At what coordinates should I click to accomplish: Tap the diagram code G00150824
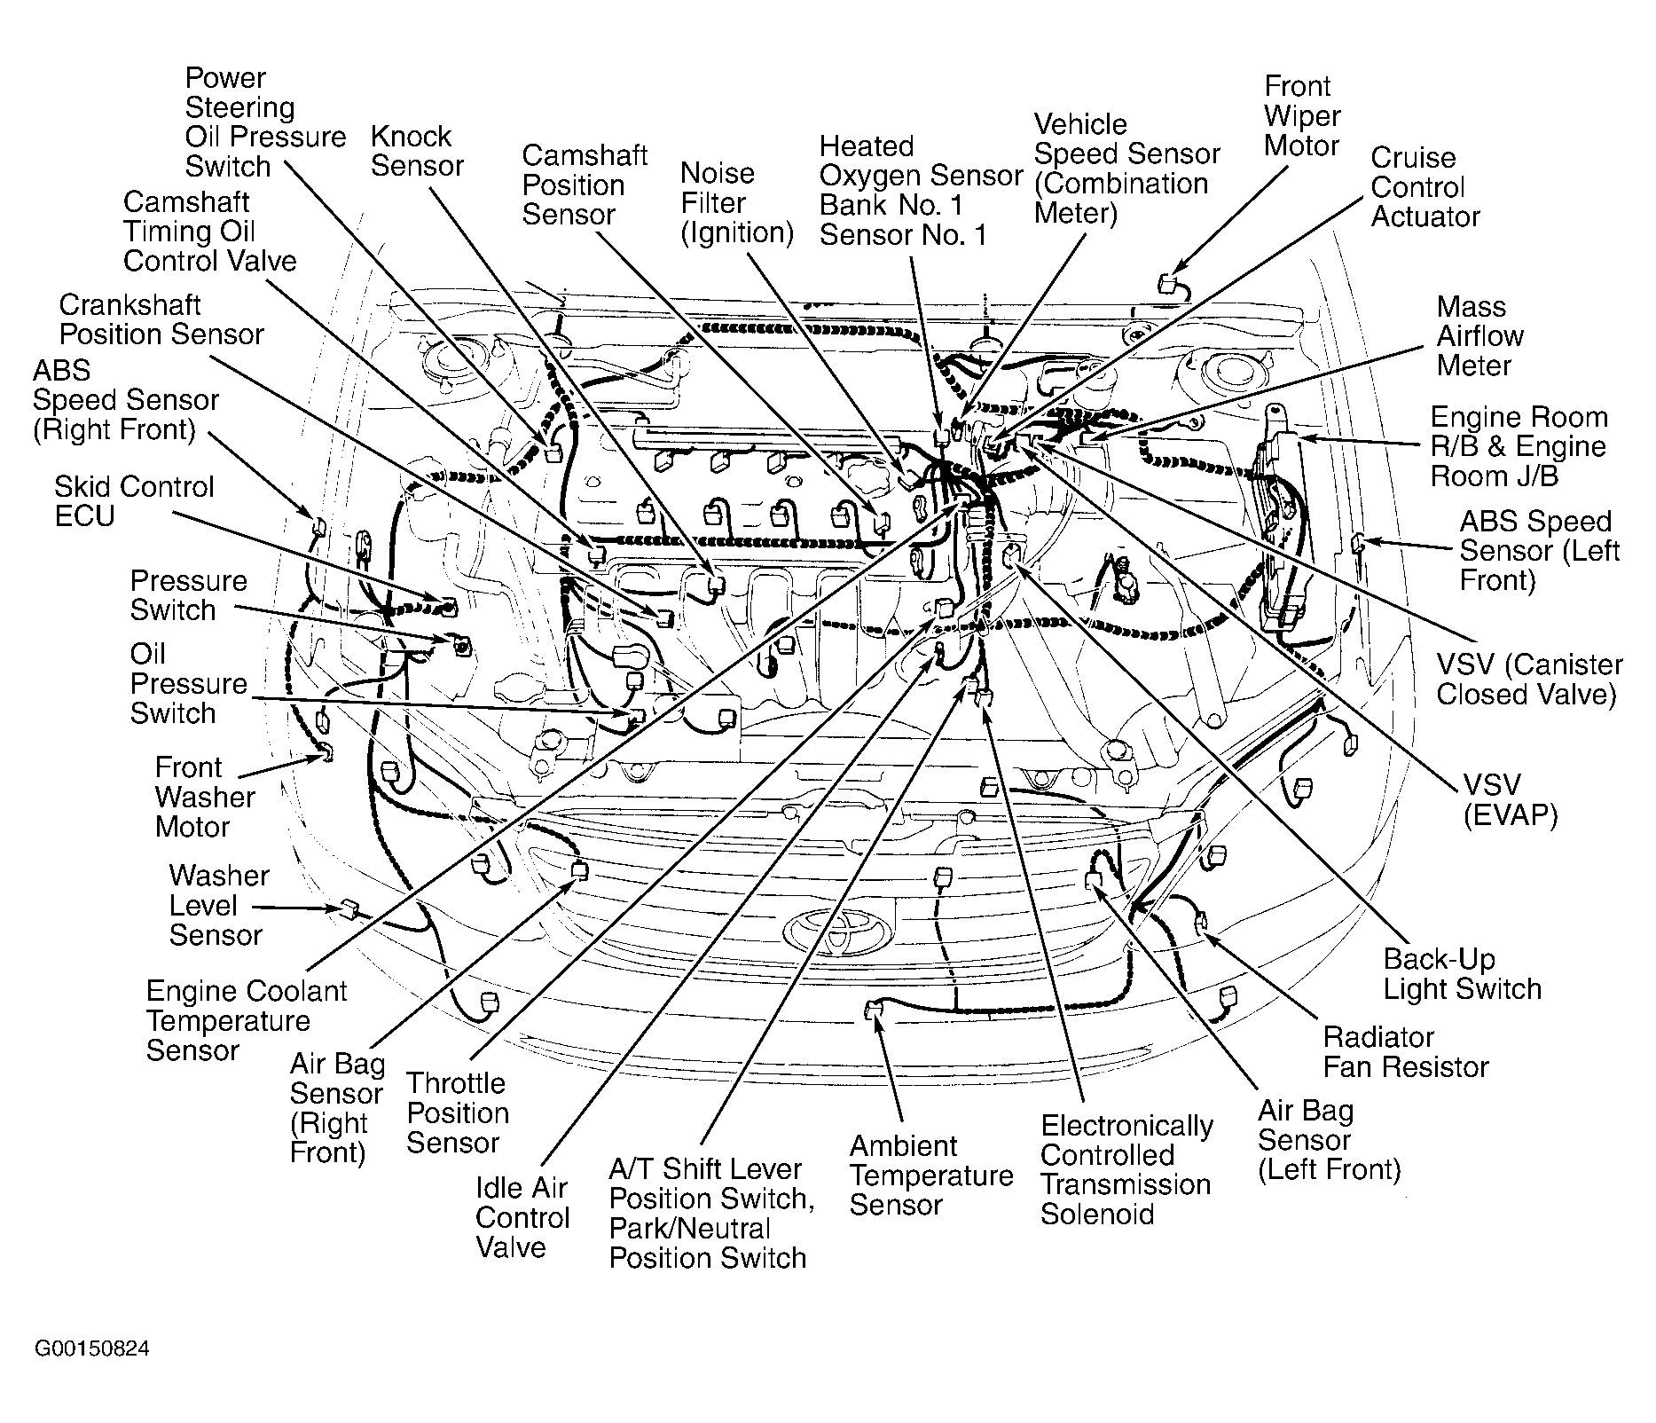point(91,1350)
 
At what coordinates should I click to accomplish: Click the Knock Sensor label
point(417,151)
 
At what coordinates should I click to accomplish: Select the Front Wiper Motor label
point(1301,116)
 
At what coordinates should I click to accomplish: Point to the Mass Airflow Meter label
point(1479,336)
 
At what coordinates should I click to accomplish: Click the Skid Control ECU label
point(134,501)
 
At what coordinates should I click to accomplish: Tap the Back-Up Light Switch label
point(1462,974)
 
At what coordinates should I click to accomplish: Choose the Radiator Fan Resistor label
point(1405,1051)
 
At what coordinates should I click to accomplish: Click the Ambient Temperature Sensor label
point(930,1175)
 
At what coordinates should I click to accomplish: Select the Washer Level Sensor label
point(218,905)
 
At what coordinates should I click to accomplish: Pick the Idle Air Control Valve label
point(522,1217)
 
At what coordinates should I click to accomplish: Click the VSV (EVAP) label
point(1509,799)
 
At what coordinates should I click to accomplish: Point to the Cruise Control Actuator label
point(1424,187)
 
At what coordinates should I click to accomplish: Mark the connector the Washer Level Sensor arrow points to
point(349,908)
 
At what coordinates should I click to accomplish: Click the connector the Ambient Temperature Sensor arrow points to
point(873,1010)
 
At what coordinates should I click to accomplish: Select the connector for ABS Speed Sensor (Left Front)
point(1357,542)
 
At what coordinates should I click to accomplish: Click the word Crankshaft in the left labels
point(129,305)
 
